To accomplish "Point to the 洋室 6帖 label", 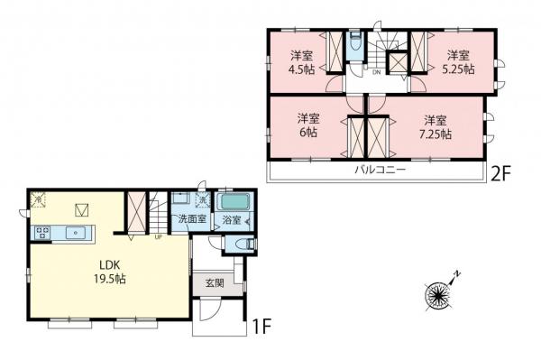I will click(x=308, y=125).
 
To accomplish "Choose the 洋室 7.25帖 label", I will click(x=436, y=125).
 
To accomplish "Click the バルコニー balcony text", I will click(x=379, y=170).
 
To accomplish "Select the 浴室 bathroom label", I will click(x=231, y=220).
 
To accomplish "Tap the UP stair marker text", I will click(x=160, y=239).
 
